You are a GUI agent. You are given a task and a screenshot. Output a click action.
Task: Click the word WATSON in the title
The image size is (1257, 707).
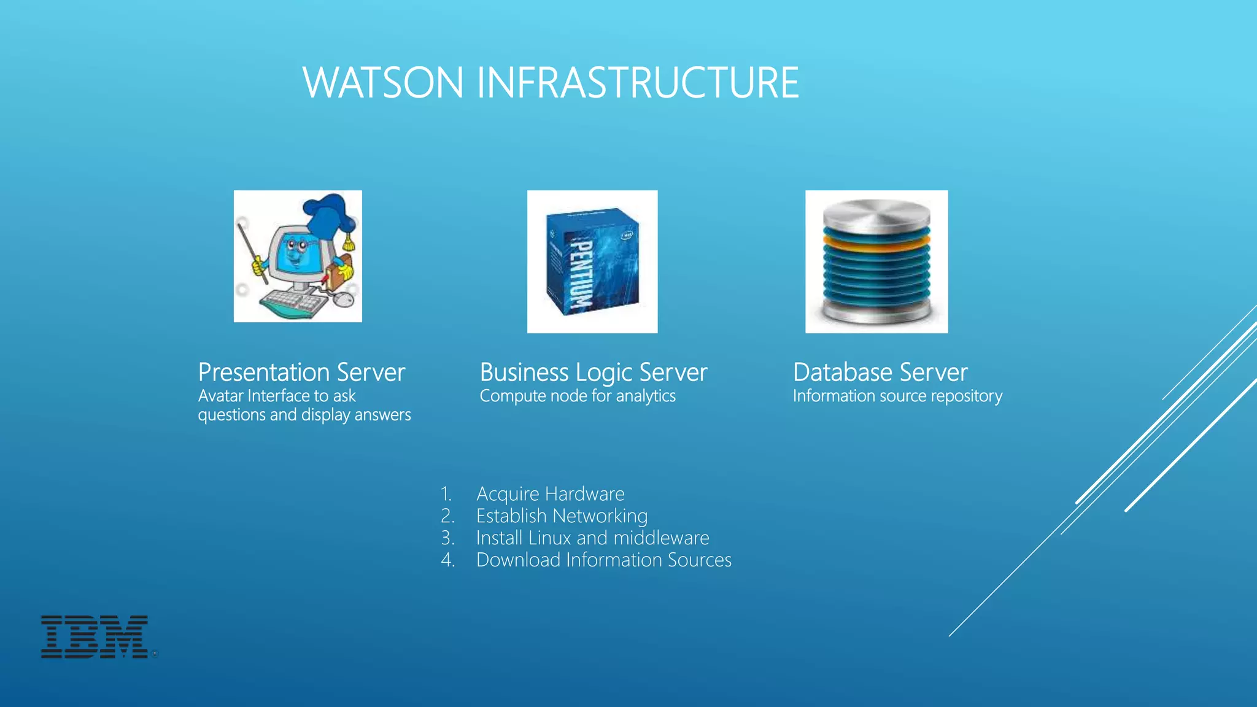pos(382,83)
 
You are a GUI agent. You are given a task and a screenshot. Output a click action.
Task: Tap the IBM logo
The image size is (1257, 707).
pos(95,637)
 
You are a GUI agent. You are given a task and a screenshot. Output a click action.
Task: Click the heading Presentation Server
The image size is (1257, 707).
pos(301,373)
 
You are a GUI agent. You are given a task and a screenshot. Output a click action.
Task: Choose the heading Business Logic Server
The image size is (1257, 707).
pos(593,373)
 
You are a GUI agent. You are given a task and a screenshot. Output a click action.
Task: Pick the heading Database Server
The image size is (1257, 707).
pos(880,373)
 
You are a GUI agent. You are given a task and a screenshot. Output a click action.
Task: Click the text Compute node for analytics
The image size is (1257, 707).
pos(577,396)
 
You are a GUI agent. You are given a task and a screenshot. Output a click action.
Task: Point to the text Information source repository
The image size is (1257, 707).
pos(897,396)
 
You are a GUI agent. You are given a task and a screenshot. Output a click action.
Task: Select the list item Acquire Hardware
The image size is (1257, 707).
pos(550,494)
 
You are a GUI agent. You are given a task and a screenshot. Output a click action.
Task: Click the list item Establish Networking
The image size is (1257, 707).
pos(562,516)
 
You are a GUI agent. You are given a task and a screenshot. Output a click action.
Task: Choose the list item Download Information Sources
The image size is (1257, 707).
pos(603,560)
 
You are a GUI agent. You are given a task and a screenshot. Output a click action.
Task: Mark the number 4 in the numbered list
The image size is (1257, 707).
pos(446,560)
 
